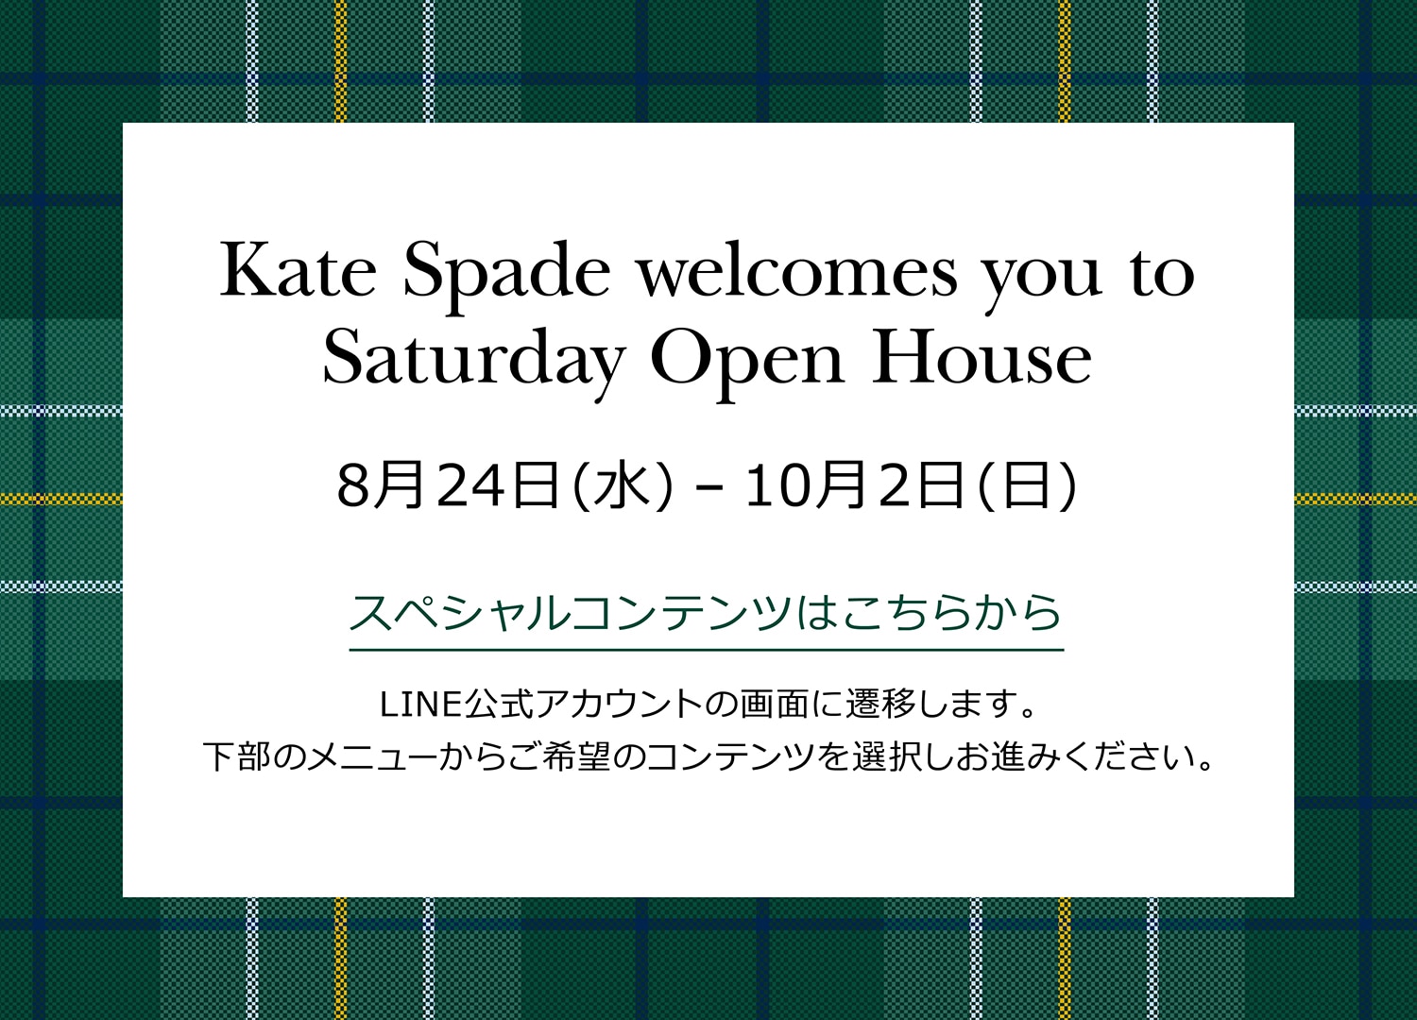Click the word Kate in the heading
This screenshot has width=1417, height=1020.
[298, 270]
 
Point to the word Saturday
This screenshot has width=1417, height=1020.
[474, 361]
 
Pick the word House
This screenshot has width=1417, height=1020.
[982, 356]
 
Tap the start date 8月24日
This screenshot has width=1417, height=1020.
[449, 485]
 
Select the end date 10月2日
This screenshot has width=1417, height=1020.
[855, 485]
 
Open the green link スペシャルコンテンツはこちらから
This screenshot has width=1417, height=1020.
[706, 613]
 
